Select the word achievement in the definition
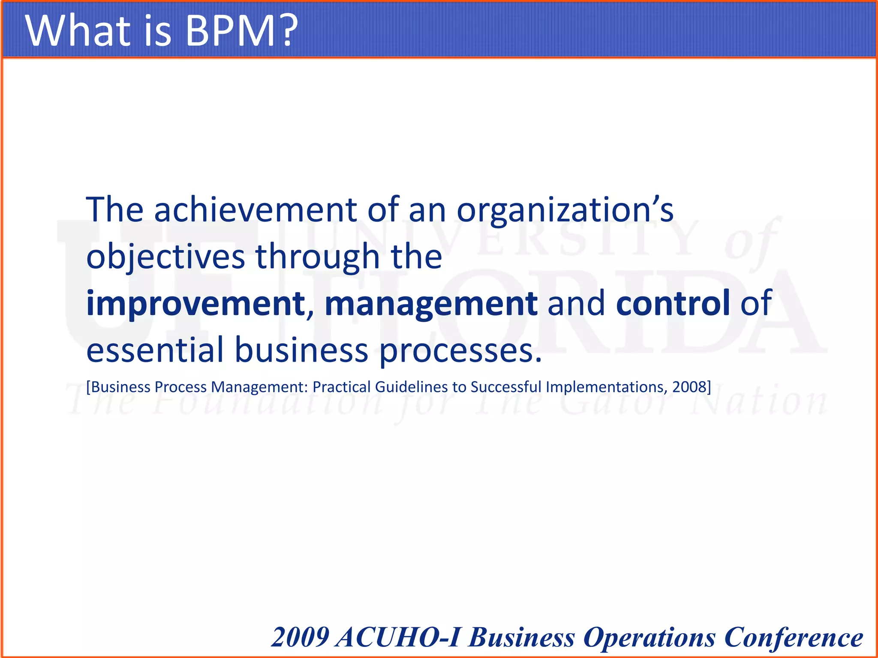pyautogui.click(x=255, y=209)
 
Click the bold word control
pyautogui.click(x=673, y=302)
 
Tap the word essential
pyautogui.click(x=155, y=350)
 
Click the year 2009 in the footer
pyautogui.click(x=301, y=637)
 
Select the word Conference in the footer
pyautogui.click(x=793, y=637)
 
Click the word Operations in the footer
pyautogui.click(x=649, y=638)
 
